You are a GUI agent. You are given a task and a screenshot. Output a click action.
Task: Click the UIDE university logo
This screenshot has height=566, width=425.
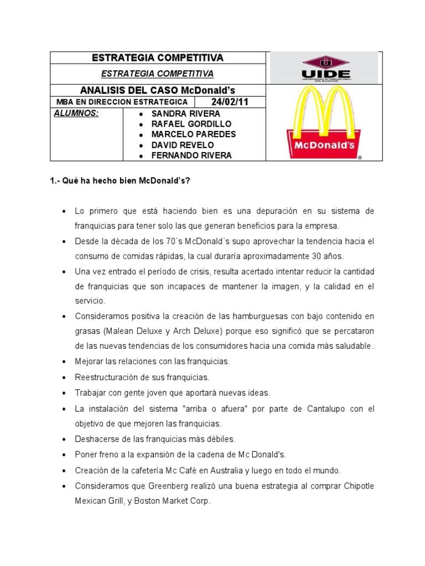(x=325, y=69)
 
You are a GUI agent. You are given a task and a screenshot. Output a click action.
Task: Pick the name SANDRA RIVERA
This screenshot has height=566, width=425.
(x=186, y=114)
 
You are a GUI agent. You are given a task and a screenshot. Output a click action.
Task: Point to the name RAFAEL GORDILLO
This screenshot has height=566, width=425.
(x=191, y=124)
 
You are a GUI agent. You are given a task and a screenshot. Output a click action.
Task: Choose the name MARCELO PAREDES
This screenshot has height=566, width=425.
(x=194, y=134)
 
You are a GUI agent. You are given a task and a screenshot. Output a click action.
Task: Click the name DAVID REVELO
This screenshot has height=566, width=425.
(x=183, y=145)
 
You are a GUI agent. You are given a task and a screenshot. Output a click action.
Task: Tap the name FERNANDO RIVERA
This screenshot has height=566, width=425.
(x=192, y=155)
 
